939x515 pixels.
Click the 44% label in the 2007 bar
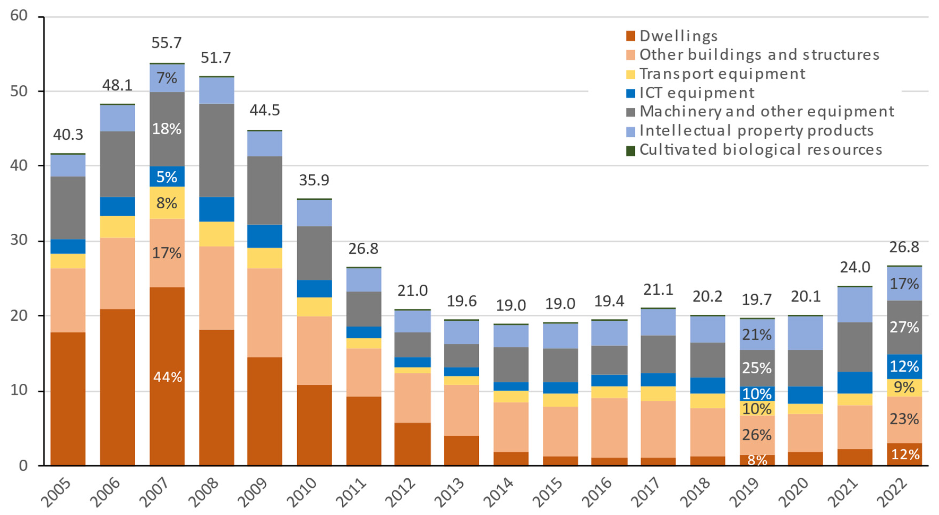tap(167, 377)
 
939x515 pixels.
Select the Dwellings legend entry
tap(678, 36)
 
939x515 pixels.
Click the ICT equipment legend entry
tap(696, 93)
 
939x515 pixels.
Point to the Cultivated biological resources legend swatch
tap(630, 150)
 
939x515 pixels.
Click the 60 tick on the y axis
tap(19, 16)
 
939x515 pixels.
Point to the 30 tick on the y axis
tap(19, 240)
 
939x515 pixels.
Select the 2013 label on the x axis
tap(449, 492)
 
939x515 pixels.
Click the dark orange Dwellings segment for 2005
tap(68, 399)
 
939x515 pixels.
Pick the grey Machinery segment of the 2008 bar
tap(216, 150)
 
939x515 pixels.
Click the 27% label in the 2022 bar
tap(904, 327)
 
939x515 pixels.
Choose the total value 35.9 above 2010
tap(314, 180)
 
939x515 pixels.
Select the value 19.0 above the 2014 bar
tap(511, 305)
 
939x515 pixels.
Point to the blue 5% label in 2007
tap(167, 177)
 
